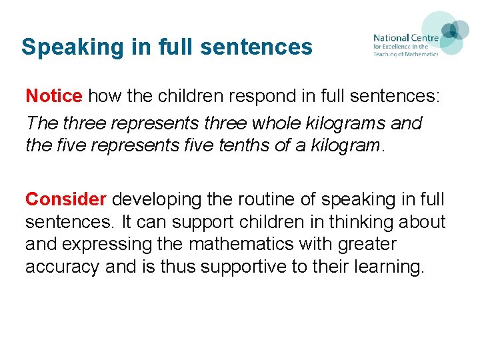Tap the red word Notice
(53, 96)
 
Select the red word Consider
(66, 199)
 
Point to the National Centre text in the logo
(405, 38)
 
